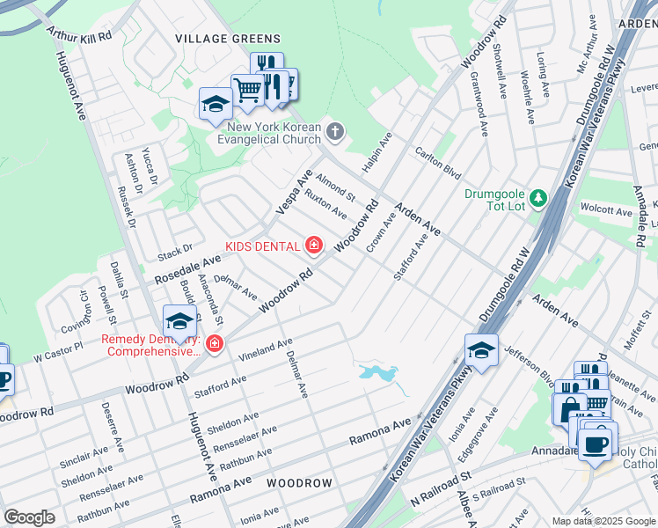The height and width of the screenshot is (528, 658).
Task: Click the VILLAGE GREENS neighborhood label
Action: coord(227,39)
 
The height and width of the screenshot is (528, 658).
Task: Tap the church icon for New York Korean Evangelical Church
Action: coord(334,132)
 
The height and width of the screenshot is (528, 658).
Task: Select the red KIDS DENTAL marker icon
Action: coord(313,244)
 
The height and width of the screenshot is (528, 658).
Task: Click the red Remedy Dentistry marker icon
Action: coord(214,343)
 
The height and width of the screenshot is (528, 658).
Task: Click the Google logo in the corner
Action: coord(30,517)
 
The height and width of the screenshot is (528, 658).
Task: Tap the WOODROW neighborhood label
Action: coord(299,483)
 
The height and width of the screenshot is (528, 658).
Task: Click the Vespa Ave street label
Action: coord(294,192)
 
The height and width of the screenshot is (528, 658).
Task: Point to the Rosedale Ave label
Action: coord(188,269)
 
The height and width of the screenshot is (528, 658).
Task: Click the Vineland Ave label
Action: coord(264,348)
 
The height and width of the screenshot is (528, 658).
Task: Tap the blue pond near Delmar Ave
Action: coord(378,373)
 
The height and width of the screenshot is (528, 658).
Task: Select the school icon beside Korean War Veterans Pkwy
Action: coord(481,350)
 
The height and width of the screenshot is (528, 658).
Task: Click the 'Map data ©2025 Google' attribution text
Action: coord(603,521)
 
